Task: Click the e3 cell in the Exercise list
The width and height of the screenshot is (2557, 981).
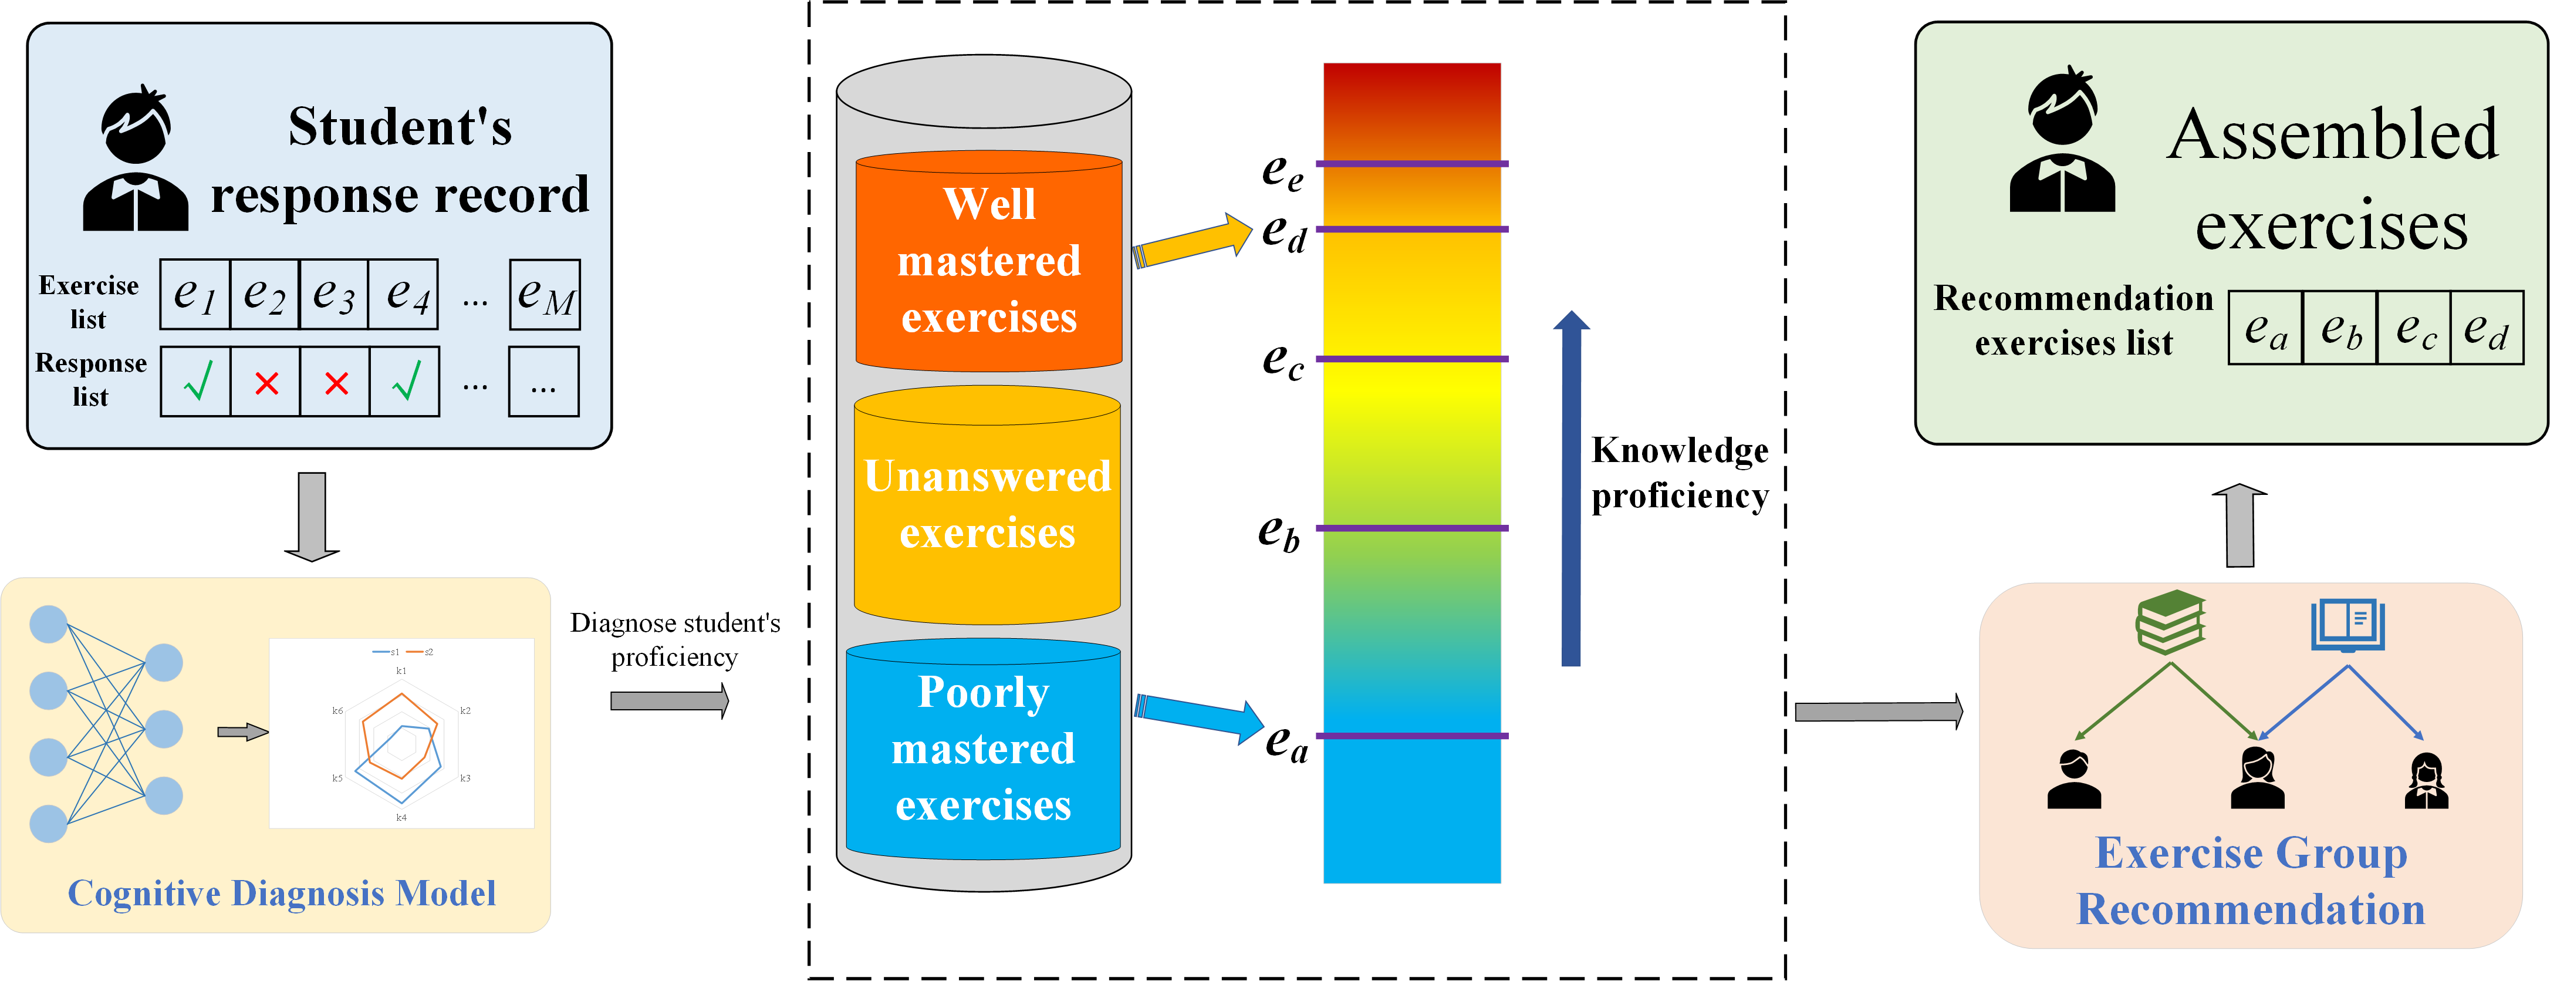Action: pyautogui.click(x=333, y=294)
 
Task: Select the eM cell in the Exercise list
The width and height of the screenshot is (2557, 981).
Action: pyautogui.click(x=545, y=294)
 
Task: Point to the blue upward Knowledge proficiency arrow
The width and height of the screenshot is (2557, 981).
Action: pyautogui.click(x=1571, y=488)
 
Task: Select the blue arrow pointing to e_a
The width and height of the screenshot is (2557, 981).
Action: pyautogui.click(x=1199, y=717)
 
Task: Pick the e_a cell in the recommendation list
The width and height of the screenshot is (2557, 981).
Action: pyautogui.click(x=2266, y=328)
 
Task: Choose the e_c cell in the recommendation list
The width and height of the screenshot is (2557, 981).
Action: pyautogui.click(x=2414, y=328)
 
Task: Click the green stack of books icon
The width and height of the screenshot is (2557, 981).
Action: pyautogui.click(x=2171, y=622)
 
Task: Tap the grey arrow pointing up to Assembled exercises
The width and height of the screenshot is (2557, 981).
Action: pyautogui.click(x=2240, y=525)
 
